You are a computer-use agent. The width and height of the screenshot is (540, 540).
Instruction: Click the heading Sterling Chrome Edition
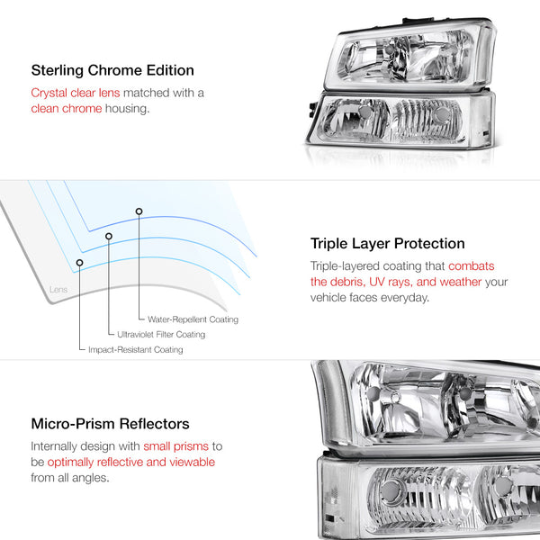[x=112, y=70]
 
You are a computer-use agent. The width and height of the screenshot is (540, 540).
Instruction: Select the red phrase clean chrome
[x=68, y=110]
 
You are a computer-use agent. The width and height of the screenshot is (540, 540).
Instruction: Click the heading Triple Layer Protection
[x=387, y=244]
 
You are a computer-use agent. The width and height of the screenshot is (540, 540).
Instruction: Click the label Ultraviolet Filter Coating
[x=161, y=335]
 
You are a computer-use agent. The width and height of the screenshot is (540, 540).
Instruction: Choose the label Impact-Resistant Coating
[x=135, y=350]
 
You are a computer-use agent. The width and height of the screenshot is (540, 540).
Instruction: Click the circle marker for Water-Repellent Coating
[x=139, y=211]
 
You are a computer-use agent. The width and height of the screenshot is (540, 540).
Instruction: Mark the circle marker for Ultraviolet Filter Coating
[x=109, y=237]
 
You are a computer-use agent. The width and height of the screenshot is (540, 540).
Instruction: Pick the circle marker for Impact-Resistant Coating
[x=79, y=263]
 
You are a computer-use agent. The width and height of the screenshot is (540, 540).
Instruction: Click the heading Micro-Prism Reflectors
[x=110, y=424]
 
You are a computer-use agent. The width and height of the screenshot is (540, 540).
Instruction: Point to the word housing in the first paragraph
[x=131, y=110]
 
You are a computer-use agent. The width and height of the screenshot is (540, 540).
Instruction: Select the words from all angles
[x=72, y=479]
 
